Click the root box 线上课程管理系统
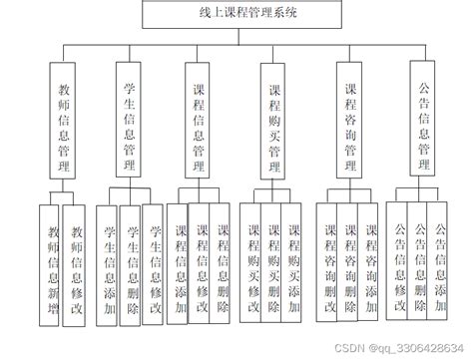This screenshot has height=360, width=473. pyautogui.click(x=236, y=15)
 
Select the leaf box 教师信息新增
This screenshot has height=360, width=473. pyautogui.click(x=49, y=264)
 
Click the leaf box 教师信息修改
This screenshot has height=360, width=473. pyautogui.click(x=75, y=264)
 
